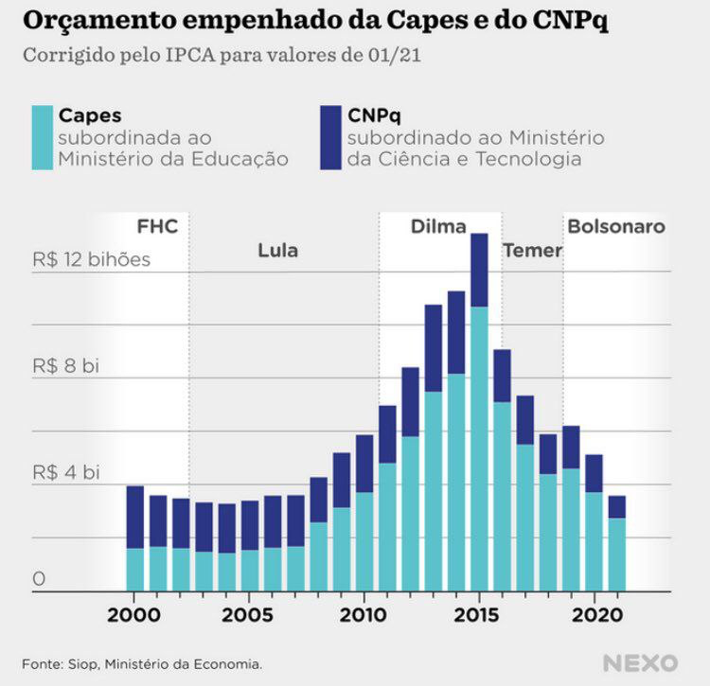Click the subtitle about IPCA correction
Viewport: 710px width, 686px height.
click(222, 54)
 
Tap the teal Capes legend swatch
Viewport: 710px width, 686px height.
click(41, 137)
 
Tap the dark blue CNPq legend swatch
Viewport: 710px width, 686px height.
click(329, 137)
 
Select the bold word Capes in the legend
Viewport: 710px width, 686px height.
click(90, 115)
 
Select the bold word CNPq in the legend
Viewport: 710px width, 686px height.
click(374, 115)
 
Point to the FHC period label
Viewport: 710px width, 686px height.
click(157, 227)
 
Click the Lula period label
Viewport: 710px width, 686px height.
click(277, 251)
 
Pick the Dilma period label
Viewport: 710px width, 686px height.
click(438, 227)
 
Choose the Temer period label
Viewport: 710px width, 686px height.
click(532, 251)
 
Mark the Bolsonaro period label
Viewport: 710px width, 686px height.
click(615, 227)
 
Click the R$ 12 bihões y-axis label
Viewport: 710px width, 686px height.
click(91, 259)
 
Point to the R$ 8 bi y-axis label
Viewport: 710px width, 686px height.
click(65, 366)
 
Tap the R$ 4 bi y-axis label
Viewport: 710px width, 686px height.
click(65, 472)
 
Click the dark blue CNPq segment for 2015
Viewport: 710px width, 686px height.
click(479, 270)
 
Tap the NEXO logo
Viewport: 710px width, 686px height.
click(640, 662)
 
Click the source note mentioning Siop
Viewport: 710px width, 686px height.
click(142, 664)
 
